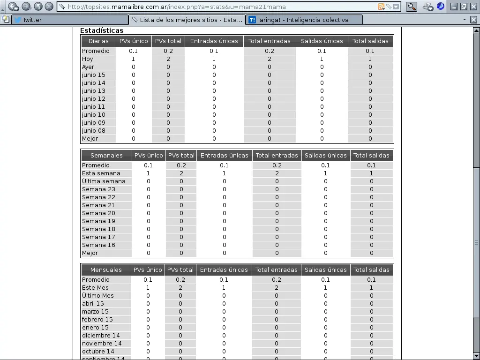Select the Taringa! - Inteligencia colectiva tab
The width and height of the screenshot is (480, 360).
(x=303, y=20)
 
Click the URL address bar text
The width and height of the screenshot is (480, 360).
(x=176, y=7)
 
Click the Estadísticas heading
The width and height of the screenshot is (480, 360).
(x=102, y=30)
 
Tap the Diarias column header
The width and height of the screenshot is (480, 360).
(x=98, y=41)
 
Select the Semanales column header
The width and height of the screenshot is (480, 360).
(x=106, y=156)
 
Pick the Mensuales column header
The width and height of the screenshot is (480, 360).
(x=106, y=270)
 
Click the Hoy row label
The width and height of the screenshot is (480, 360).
(x=88, y=59)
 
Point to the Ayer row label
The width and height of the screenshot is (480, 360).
(x=88, y=67)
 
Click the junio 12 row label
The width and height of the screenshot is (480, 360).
(x=94, y=99)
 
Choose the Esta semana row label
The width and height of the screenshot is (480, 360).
(x=101, y=173)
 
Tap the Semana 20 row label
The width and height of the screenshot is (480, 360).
(x=98, y=213)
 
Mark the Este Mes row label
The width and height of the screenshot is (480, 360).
(x=95, y=288)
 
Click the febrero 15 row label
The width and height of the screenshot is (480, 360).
(x=97, y=320)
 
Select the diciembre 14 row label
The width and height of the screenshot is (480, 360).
(x=101, y=336)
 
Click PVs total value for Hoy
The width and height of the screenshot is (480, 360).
(x=168, y=59)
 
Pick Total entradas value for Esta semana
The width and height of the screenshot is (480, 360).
(x=277, y=173)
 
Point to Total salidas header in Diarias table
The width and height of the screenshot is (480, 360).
(x=370, y=41)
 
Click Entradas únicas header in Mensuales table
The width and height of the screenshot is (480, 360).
(x=224, y=270)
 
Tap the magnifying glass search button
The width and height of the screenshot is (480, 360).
(x=411, y=7)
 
